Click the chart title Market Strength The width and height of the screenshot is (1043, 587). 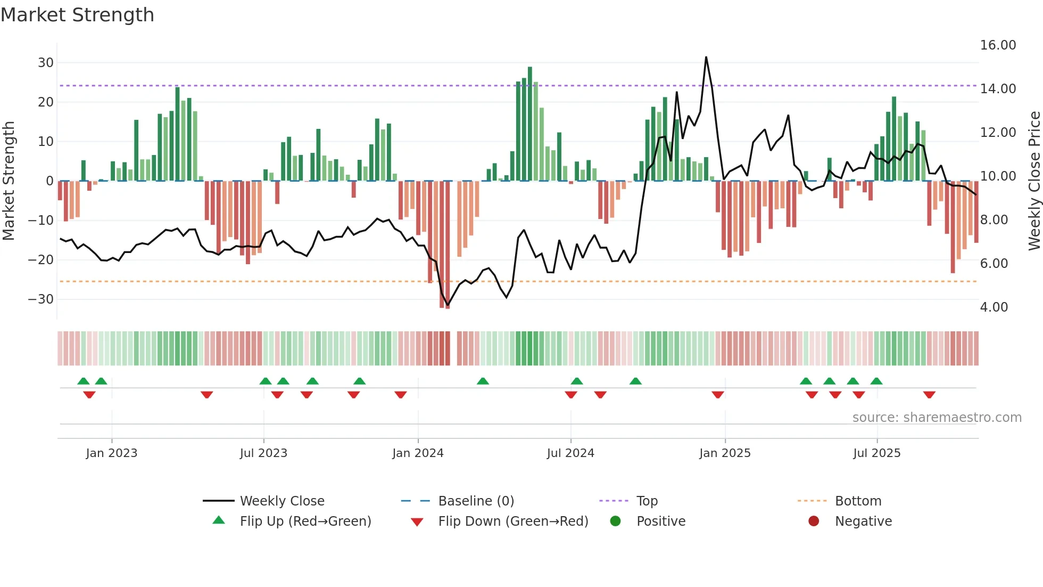pyautogui.click(x=77, y=15)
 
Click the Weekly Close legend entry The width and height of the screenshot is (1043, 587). pyautogui.click(x=282, y=501)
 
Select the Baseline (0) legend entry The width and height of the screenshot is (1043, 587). pyautogui.click(x=476, y=501)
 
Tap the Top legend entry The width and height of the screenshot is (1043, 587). pyautogui.click(x=647, y=501)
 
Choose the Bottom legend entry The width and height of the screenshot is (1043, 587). pyautogui.click(x=858, y=501)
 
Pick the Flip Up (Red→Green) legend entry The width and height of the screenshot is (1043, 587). pyautogui.click(x=305, y=521)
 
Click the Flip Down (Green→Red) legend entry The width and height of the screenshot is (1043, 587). pyautogui.click(x=513, y=521)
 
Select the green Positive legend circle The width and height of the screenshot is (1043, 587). pyautogui.click(x=616, y=521)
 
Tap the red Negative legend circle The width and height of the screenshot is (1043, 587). pyautogui.click(x=814, y=521)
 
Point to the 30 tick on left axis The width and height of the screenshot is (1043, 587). pyautogui.click(x=45, y=63)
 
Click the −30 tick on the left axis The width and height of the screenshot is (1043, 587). pyautogui.click(x=41, y=299)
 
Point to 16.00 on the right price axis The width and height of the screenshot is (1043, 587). pyautogui.click(x=998, y=45)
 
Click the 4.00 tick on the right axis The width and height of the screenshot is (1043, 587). pyautogui.click(x=994, y=307)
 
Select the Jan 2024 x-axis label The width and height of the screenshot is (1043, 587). pyautogui.click(x=418, y=453)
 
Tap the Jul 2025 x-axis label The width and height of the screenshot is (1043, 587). pyautogui.click(x=876, y=453)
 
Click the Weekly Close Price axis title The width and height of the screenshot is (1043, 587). pyautogui.click(x=1034, y=181)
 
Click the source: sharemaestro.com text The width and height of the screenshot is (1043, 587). pyautogui.click(x=937, y=418)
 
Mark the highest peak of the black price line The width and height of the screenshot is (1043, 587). pyautogui.click(x=706, y=57)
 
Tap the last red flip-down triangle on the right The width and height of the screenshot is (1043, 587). pyautogui.click(x=929, y=395)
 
